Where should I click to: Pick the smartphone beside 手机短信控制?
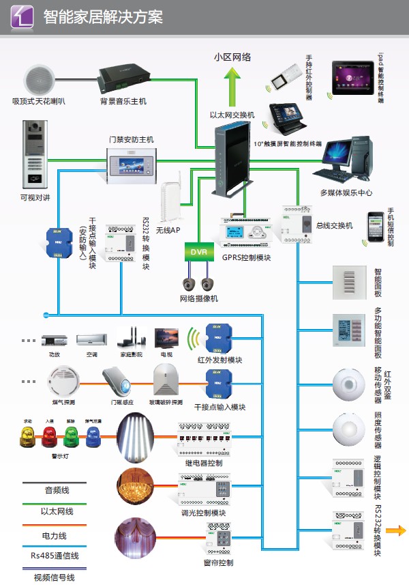pos(376,227)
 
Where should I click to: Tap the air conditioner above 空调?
pos(91,339)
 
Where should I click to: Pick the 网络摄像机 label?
pos(199,298)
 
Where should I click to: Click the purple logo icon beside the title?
pos(23,17)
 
